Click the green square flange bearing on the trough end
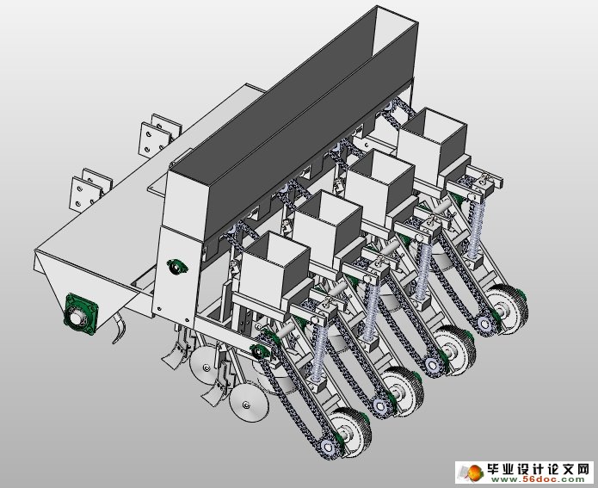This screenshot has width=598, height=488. click(79, 314)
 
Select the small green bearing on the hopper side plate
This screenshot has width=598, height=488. click(178, 269)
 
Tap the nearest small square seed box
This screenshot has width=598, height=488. click(274, 263)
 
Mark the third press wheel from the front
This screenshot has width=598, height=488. click(454, 349)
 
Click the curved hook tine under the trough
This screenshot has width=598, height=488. click(119, 331)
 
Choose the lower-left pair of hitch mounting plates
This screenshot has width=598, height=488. click(89, 188)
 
